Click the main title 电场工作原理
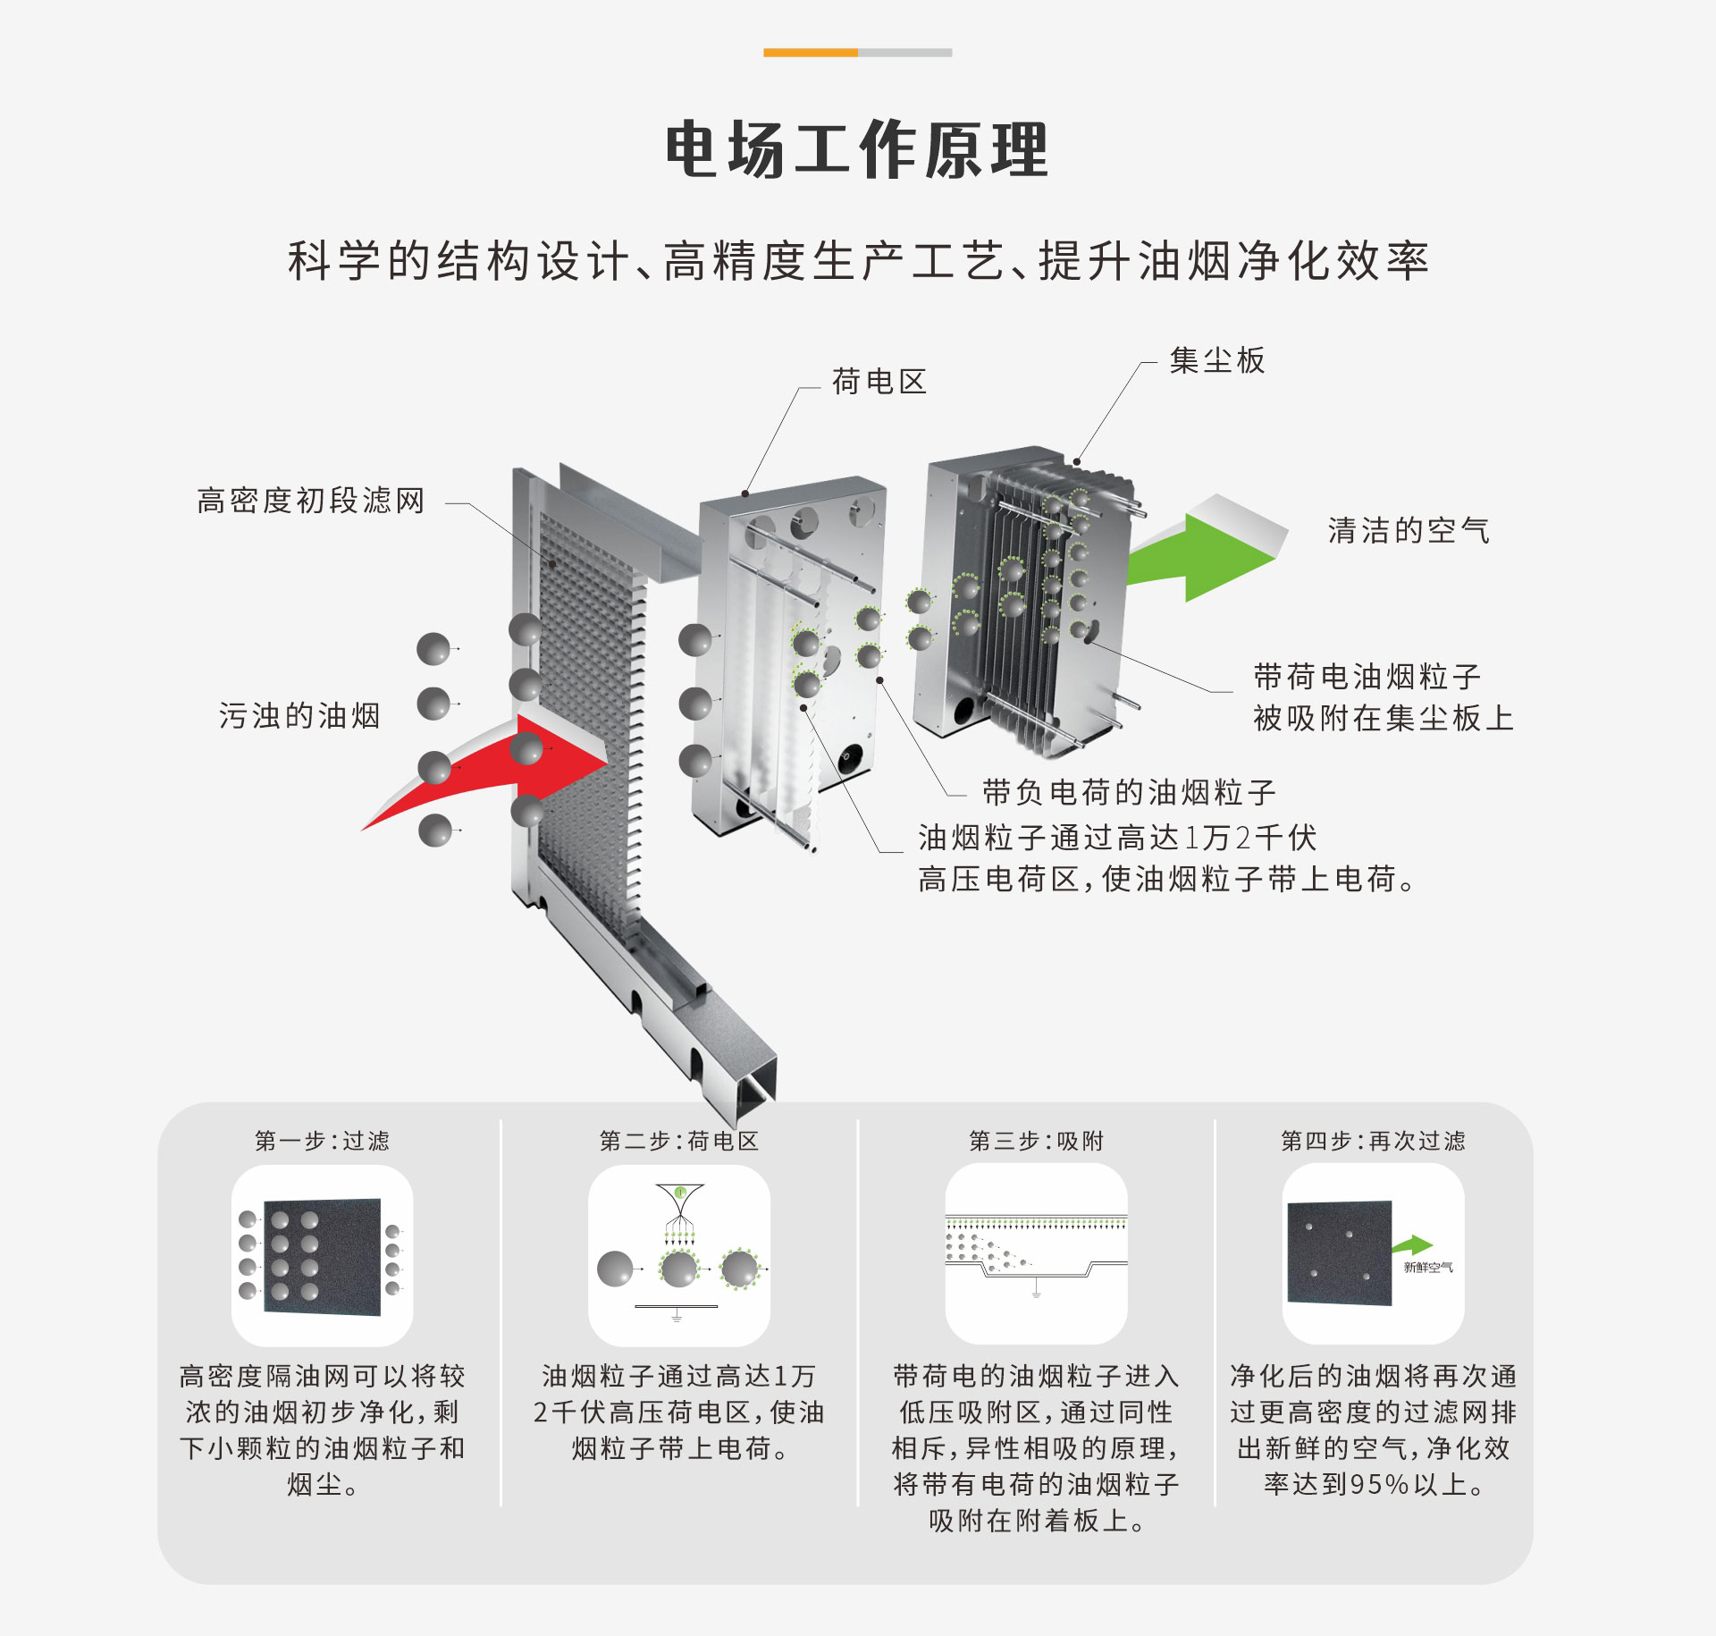click(x=857, y=149)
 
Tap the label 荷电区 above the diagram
click(x=879, y=382)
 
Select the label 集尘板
click(x=1217, y=360)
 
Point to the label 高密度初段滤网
click(x=311, y=501)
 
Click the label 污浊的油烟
click(x=300, y=715)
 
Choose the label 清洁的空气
click(x=1409, y=530)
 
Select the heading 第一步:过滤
click(x=323, y=1141)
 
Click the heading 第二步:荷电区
click(x=679, y=1141)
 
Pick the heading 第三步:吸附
click(x=1037, y=1141)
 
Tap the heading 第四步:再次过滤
click(x=1374, y=1141)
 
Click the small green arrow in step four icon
click(x=1414, y=1245)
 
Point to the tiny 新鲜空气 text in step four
click(x=1428, y=1268)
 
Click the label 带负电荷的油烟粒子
click(x=1129, y=792)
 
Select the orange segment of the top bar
click(x=810, y=53)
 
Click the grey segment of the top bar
click(x=904, y=53)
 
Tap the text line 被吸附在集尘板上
click(x=1384, y=718)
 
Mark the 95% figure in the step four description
click(x=1380, y=1485)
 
